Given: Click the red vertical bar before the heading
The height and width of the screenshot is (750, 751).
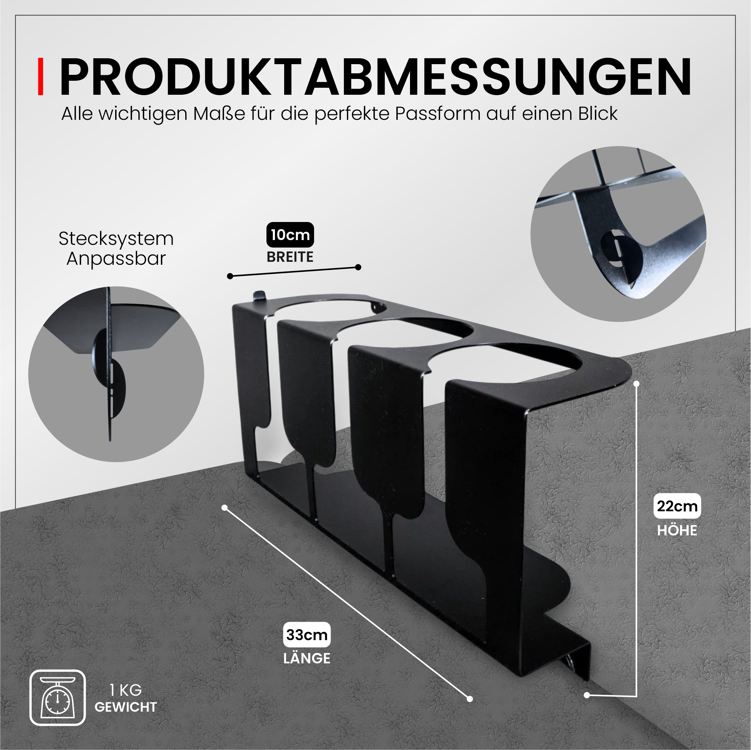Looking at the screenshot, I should coord(41,77).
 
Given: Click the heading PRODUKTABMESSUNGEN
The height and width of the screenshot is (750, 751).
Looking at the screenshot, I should coord(375,77).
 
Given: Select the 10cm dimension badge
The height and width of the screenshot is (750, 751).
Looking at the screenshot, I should coord(290,235).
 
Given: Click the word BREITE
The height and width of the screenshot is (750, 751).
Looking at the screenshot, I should coord(290,257).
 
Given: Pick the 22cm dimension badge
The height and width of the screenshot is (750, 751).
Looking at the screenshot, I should coord(677,506).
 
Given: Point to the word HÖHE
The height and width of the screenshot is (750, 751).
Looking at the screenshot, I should coord(677,531).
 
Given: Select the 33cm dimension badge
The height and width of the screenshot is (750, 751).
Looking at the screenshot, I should coord(307,635).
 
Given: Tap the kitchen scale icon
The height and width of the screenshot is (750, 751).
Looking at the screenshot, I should coord(58,698).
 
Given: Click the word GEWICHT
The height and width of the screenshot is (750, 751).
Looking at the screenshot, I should coord(125,707).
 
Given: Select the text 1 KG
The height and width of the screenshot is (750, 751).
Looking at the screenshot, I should coord(125,690).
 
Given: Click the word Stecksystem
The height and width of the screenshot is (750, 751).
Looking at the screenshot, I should coord(116,239).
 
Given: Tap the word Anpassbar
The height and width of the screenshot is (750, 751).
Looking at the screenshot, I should coord(116,259).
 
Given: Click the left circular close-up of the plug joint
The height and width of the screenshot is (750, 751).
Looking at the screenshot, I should coord(116,374).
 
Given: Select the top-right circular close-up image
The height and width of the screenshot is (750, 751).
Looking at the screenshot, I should coord(618,234).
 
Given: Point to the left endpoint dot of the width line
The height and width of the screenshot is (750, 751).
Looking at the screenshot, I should coord(230,276).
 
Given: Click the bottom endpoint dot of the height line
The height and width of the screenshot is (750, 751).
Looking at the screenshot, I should coord(587,695).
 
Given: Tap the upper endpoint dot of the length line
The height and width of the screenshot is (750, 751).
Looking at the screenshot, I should coord(224,508).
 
